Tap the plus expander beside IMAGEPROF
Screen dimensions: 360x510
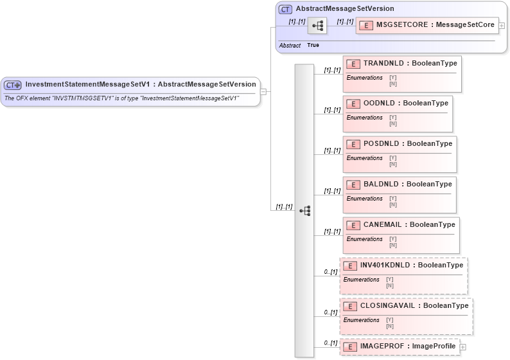click(462, 347)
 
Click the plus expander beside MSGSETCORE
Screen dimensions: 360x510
click(502, 26)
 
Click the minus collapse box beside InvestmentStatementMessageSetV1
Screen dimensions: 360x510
click(263, 91)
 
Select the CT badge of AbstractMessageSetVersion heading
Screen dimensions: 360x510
click(285, 9)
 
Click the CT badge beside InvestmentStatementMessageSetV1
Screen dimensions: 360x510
click(12, 84)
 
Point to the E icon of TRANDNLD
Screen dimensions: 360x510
click(353, 64)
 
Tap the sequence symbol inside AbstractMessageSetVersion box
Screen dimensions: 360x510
click(317, 26)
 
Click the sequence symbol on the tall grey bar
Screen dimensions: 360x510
click(304, 210)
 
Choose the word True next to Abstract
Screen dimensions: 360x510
click(313, 46)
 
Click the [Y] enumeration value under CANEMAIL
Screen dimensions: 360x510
click(392, 239)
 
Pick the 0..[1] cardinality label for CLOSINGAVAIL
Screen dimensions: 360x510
click(330, 312)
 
